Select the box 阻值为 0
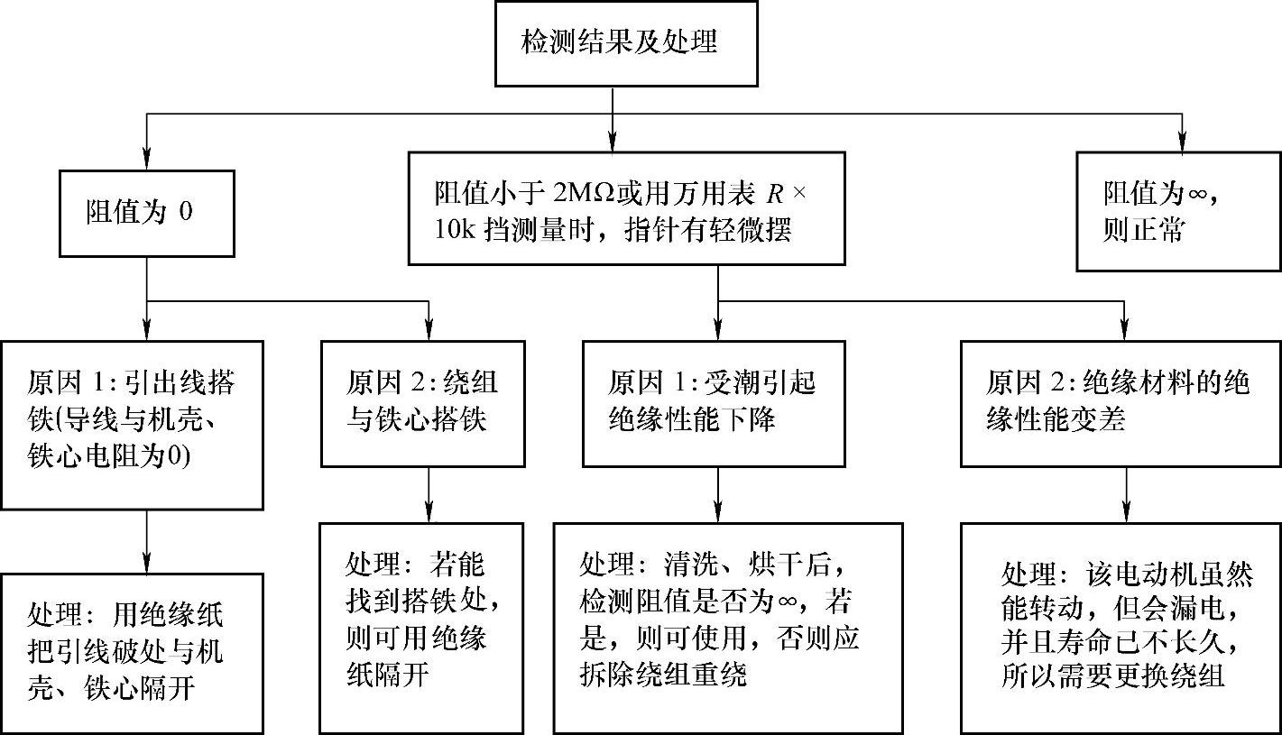click(147, 213)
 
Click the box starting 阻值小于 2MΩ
click(626, 208)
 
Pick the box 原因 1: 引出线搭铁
click(132, 424)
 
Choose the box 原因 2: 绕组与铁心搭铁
click(423, 403)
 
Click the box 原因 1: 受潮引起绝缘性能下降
click(717, 403)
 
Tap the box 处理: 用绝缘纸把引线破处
click(132, 653)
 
